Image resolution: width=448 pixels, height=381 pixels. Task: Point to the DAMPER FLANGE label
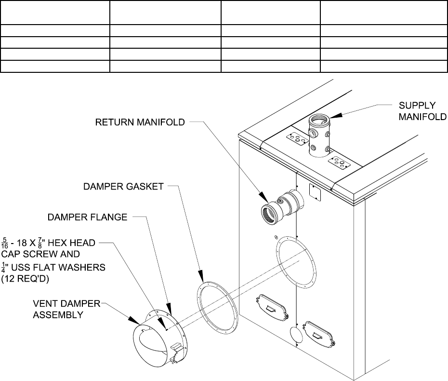click(x=87, y=218)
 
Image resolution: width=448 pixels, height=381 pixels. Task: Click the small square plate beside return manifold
click(x=315, y=192)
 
